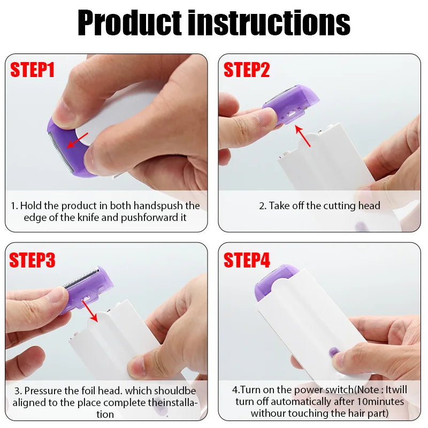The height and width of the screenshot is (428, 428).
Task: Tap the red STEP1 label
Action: click(x=33, y=70)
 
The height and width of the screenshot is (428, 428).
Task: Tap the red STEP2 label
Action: click(x=247, y=70)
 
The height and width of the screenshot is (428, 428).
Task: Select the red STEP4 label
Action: click(x=247, y=260)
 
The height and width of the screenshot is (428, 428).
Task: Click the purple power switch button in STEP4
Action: click(x=333, y=353)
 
